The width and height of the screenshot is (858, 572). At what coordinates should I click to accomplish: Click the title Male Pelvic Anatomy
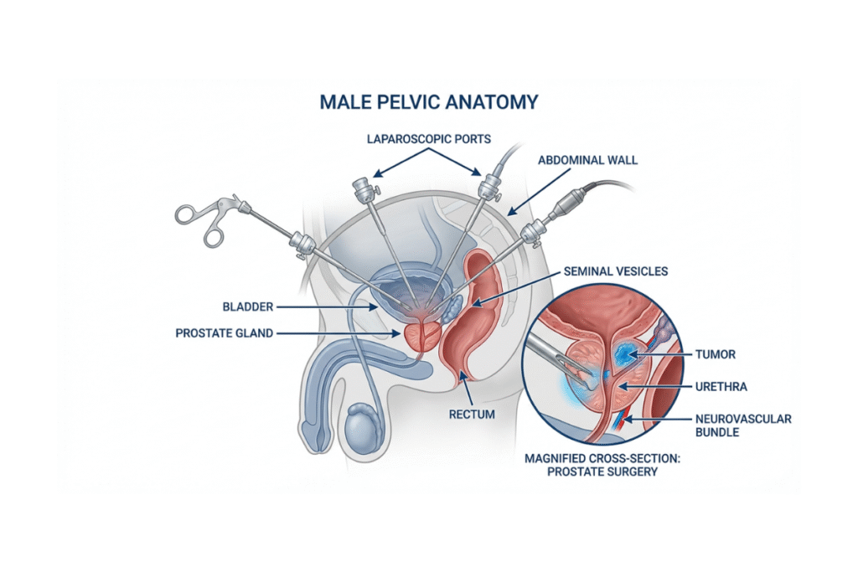[x=428, y=103]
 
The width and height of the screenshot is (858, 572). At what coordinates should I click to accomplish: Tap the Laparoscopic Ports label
[x=428, y=139]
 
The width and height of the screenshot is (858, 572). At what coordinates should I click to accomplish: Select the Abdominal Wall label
[x=587, y=160]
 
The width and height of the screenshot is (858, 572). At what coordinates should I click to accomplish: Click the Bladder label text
[x=248, y=307]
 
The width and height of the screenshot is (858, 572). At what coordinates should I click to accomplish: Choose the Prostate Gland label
[x=224, y=333]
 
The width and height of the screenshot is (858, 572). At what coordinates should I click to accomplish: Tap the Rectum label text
[x=472, y=414]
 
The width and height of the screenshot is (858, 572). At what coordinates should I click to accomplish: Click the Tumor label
[x=715, y=354]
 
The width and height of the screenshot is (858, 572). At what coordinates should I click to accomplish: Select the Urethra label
[x=721, y=387]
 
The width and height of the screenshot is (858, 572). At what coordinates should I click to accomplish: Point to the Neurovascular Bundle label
[x=743, y=425]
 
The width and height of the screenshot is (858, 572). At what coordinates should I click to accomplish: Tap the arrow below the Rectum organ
[x=468, y=387]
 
